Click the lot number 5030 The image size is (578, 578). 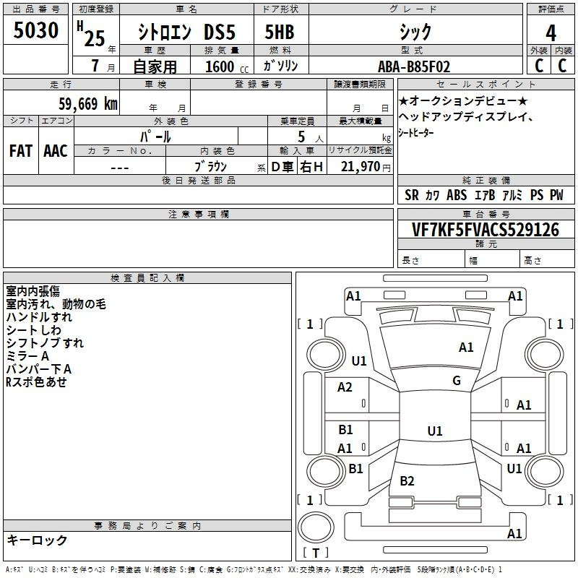pyautogui.click(x=35, y=30)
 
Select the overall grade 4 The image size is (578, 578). pyautogui.click(x=551, y=33)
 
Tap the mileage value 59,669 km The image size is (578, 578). pyautogui.click(x=88, y=103)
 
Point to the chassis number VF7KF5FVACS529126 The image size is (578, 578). pyautogui.click(x=486, y=229)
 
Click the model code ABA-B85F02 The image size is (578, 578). pyautogui.click(x=414, y=66)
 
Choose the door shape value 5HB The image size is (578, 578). pyautogui.click(x=280, y=32)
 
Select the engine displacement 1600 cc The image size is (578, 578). pyautogui.click(x=227, y=66)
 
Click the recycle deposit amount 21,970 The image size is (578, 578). pyautogui.click(x=361, y=167)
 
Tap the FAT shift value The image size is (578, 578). pyautogui.click(x=21, y=151)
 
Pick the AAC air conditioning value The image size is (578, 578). pyautogui.click(x=56, y=151)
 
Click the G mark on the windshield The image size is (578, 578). pyautogui.click(x=457, y=380)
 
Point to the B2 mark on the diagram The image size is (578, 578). pyautogui.click(x=407, y=480)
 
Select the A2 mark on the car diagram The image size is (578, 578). pyautogui.click(x=345, y=387)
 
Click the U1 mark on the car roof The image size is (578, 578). pyautogui.click(x=435, y=431)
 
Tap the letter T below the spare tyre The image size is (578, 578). pyautogui.click(x=316, y=553)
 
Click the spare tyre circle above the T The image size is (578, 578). pyautogui.click(x=316, y=527)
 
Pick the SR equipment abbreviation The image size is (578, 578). pyautogui.click(x=411, y=195)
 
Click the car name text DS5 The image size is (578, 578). pyautogui.click(x=220, y=32)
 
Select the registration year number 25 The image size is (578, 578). pyautogui.click(x=95, y=39)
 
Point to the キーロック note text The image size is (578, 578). pyautogui.click(x=37, y=540)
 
